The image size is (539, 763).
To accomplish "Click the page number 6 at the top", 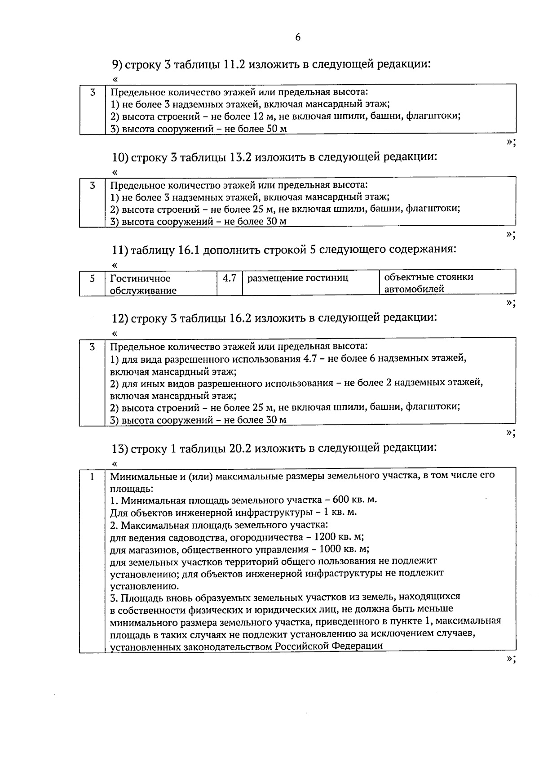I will (298, 37).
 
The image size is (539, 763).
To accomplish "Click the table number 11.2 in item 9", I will (234, 64).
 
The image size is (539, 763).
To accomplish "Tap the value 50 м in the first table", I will (274, 129).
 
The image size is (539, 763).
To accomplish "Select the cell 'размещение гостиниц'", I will (298, 278).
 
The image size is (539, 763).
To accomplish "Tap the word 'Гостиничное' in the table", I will (140, 278).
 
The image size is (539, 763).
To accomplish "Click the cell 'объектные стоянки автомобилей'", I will (429, 283).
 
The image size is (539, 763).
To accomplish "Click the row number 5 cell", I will (92, 278).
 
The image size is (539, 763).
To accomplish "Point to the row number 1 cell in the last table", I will (92, 476).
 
